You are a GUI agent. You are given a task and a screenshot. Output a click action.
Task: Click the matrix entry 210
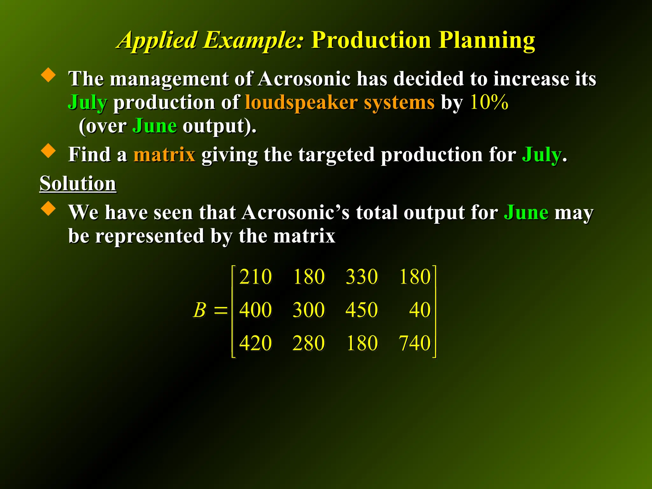pyautogui.click(x=255, y=277)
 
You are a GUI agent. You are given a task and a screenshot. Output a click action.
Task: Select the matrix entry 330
pyautogui.click(x=362, y=277)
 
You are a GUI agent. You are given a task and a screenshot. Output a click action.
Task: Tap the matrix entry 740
pyautogui.click(x=415, y=343)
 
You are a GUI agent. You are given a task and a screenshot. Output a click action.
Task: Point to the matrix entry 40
pyautogui.click(x=420, y=310)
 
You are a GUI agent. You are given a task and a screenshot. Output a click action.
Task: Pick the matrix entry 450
pyautogui.click(x=362, y=310)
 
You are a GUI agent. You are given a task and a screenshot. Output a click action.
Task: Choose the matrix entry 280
pyautogui.click(x=308, y=343)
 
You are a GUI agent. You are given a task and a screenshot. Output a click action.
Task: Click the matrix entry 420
pyautogui.click(x=255, y=343)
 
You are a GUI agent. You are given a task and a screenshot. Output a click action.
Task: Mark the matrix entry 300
pyautogui.click(x=308, y=310)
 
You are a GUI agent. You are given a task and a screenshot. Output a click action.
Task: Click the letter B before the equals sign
pyautogui.click(x=200, y=310)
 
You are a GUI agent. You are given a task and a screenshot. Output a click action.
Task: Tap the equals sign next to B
pyautogui.click(x=221, y=310)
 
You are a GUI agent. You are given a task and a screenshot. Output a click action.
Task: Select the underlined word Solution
pyautogui.click(x=78, y=184)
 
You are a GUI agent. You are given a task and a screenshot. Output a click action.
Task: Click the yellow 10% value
pyautogui.click(x=489, y=103)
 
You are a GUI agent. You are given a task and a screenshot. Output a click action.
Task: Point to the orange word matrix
pyautogui.click(x=164, y=155)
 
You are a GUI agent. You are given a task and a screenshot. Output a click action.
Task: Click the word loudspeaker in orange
pyautogui.click(x=301, y=103)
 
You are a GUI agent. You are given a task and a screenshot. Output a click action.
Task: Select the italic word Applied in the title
pyautogui.click(x=158, y=41)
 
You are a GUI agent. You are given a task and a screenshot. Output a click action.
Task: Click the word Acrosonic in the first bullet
pyautogui.click(x=304, y=79)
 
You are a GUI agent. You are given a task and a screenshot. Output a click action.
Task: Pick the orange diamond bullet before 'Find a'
pyautogui.click(x=48, y=150)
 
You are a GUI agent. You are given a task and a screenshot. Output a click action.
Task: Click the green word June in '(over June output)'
pyautogui.click(x=154, y=126)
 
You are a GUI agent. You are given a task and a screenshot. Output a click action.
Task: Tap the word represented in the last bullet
pyautogui.click(x=150, y=236)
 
